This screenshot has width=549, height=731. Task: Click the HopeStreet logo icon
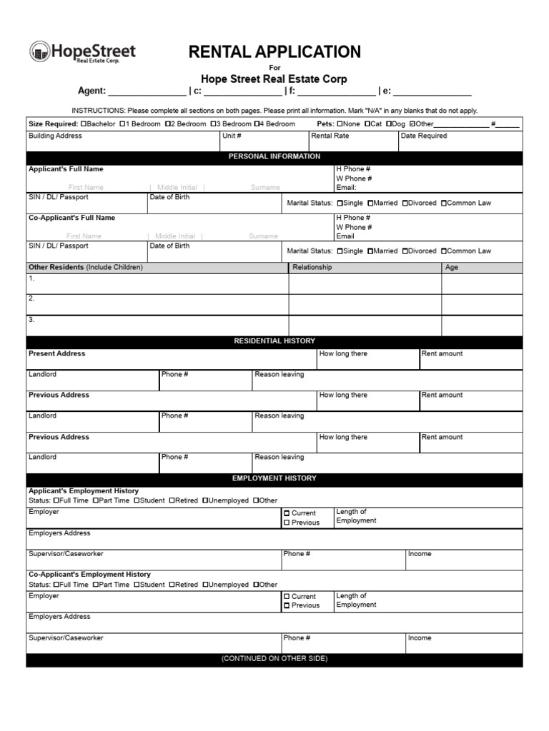[x=39, y=52]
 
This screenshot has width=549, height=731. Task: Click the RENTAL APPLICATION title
[x=274, y=52]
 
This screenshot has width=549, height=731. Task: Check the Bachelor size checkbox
[x=84, y=123]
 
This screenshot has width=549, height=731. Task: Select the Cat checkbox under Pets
[x=367, y=123]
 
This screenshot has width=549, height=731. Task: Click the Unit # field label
[x=232, y=136]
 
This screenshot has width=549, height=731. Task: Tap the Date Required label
[x=423, y=136]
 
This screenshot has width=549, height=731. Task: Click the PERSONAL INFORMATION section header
[x=274, y=156]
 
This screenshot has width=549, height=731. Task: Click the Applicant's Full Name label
[x=66, y=169]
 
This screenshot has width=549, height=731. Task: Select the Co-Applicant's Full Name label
[x=71, y=218]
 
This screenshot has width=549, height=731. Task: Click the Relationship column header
[x=312, y=268]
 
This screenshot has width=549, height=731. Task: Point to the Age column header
[x=451, y=268]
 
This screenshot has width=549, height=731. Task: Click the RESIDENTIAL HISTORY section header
[x=274, y=341]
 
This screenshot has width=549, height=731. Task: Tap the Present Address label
[x=56, y=353]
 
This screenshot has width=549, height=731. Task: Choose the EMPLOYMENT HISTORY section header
[x=274, y=478]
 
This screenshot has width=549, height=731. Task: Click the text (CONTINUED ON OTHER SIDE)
[x=274, y=659]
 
